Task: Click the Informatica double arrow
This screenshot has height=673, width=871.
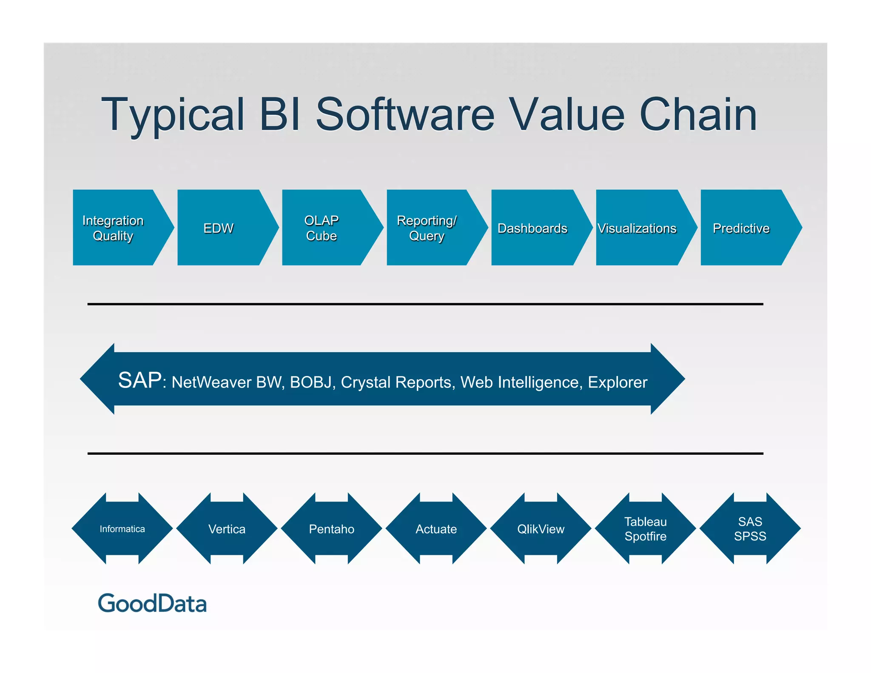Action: [122, 529]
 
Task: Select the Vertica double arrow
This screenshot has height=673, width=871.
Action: [227, 529]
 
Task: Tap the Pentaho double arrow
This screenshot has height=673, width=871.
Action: [331, 529]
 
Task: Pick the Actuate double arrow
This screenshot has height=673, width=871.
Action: [436, 529]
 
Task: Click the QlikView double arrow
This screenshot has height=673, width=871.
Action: [541, 529]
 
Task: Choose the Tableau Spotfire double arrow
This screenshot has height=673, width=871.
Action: [645, 529]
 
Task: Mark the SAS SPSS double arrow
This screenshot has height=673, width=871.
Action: [750, 529]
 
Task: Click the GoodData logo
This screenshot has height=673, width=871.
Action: [152, 603]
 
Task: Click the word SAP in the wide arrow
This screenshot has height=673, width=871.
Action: [139, 380]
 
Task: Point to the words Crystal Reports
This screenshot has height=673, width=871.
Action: [396, 382]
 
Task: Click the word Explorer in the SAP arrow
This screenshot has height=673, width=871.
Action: [617, 382]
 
